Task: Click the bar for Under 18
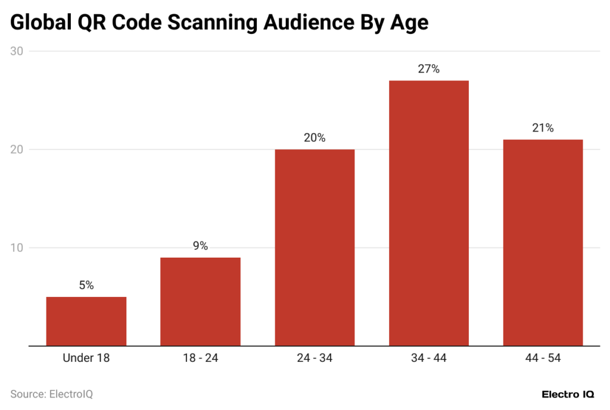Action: (86, 321)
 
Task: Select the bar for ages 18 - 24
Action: (200, 302)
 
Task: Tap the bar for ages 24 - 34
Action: (315, 248)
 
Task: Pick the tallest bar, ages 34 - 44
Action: (429, 213)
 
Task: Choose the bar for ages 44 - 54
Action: (543, 243)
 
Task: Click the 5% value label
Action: (86, 286)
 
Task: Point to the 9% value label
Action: (200, 246)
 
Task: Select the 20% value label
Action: (315, 138)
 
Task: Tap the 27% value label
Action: (429, 69)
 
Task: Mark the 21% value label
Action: (543, 128)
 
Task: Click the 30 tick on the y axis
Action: (17, 51)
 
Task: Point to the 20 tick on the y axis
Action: (17, 149)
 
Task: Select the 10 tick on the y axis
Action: (17, 248)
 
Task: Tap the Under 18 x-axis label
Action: (86, 358)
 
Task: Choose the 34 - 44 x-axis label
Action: (429, 358)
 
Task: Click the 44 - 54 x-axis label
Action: (543, 358)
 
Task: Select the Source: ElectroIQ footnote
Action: (52, 394)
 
